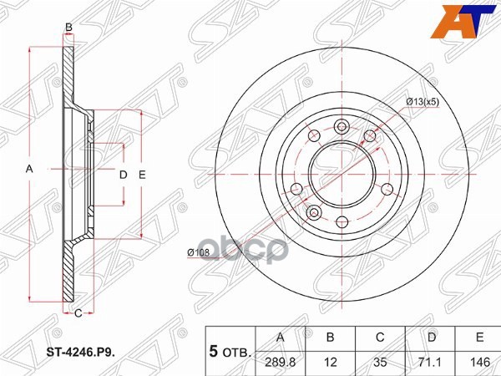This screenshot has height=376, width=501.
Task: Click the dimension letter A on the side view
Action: click(x=29, y=170)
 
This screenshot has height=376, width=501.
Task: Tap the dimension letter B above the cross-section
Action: click(x=68, y=28)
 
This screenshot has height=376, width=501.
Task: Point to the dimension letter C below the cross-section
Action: click(x=77, y=313)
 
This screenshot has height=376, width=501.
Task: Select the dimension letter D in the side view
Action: click(x=122, y=175)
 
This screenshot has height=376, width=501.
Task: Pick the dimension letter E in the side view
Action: click(x=143, y=175)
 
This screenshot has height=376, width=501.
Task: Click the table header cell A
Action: click(x=281, y=338)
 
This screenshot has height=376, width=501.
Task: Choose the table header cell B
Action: click(x=331, y=338)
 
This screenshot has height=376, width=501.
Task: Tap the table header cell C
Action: click(x=380, y=338)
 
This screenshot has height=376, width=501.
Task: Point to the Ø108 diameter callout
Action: click(x=197, y=252)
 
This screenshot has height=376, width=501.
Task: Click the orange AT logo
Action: click(x=468, y=20)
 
